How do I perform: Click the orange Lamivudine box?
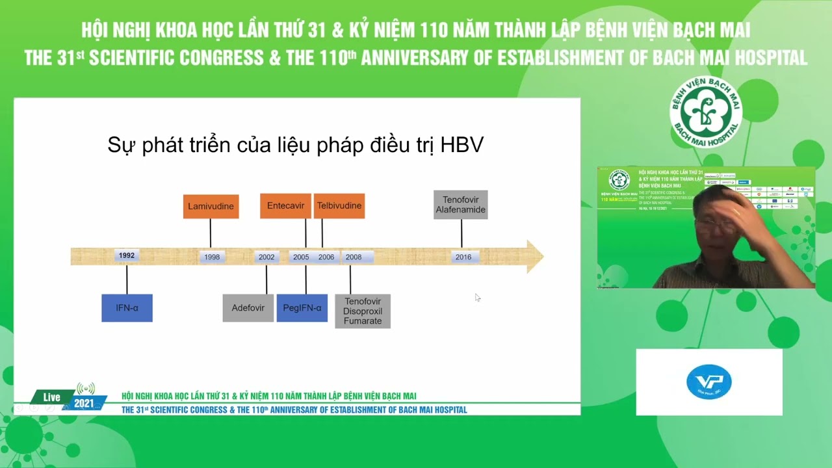tap(211, 206)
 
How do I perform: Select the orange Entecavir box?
tap(285, 206)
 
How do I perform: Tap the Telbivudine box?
tap(339, 206)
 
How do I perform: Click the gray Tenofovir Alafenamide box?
tap(460, 205)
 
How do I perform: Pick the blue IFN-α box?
tap(127, 308)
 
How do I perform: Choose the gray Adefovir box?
tap(248, 308)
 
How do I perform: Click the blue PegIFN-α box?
tap(302, 308)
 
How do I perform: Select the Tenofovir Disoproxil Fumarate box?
tap(363, 311)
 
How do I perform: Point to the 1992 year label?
tap(127, 255)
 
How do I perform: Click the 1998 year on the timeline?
tap(212, 257)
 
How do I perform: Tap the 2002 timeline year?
tap(266, 257)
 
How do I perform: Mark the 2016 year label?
tap(463, 257)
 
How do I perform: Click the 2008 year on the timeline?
tap(354, 257)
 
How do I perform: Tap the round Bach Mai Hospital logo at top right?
tap(706, 112)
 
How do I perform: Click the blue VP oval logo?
tap(709, 382)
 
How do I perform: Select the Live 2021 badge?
tap(69, 398)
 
